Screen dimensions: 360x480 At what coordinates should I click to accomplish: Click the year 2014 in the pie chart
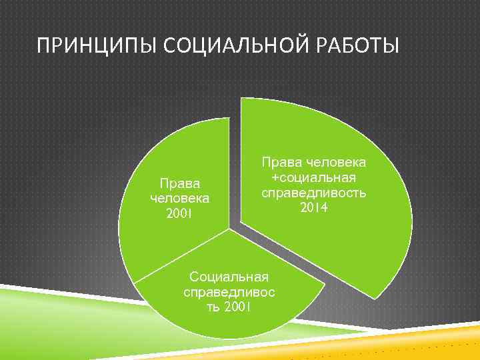click(x=313, y=208)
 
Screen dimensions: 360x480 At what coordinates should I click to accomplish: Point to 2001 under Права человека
click(x=179, y=213)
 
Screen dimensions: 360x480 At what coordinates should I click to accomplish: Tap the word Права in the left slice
click(x=179, y=183)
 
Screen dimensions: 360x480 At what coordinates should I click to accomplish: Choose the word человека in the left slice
click(x=179, y=198)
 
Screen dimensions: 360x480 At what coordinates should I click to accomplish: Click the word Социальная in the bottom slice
click(x=229, y=276)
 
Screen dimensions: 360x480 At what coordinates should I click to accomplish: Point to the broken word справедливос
click(x=229, y=291)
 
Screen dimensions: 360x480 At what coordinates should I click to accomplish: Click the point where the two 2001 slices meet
click(x=229, y=229)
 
